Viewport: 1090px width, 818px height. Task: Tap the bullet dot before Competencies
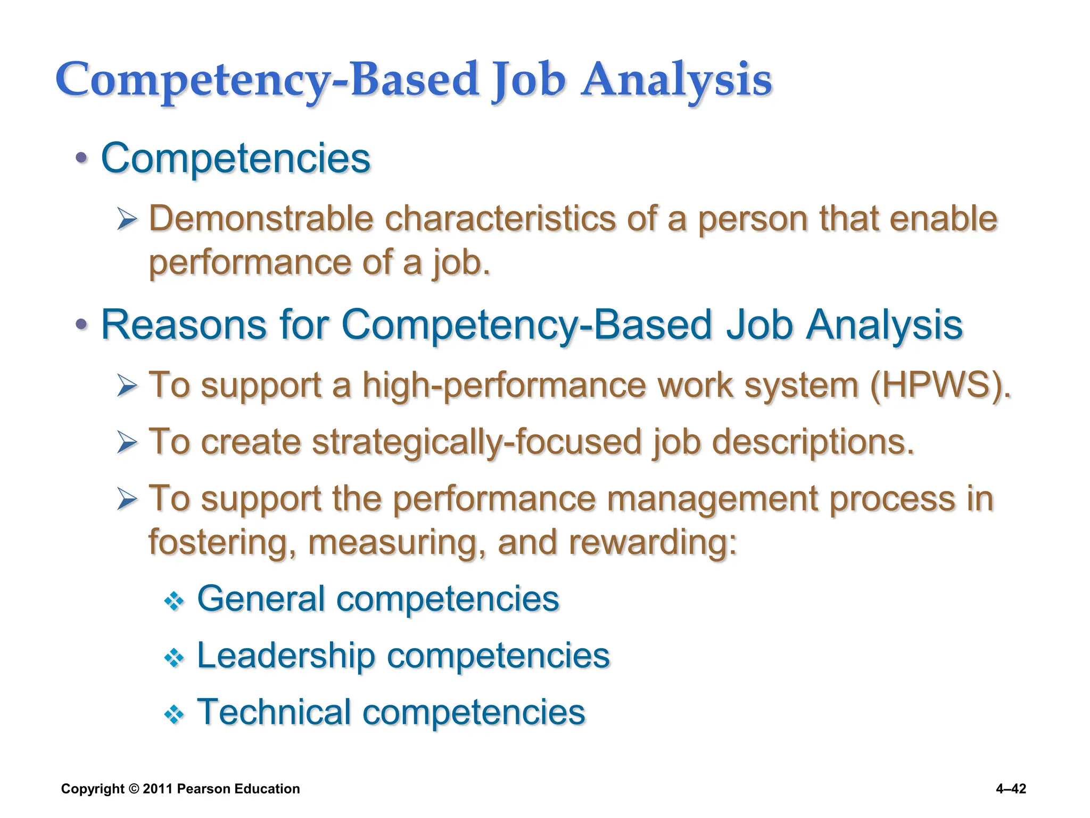(81, 158)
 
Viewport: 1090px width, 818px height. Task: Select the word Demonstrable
(261, 219)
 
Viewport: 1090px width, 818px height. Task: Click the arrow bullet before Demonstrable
(127, 219)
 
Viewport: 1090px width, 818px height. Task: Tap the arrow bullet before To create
(127, 442)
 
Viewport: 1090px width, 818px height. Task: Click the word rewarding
(653, 542)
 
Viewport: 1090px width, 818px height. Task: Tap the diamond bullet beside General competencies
(174, 602)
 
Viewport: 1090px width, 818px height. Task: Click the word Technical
(274, 712)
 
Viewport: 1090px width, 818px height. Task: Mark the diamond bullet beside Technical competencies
(174, 715)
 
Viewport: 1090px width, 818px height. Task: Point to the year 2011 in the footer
(158, 789)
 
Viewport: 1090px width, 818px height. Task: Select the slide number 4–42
(1011, 789)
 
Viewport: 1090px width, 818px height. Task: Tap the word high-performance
(503, 385)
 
